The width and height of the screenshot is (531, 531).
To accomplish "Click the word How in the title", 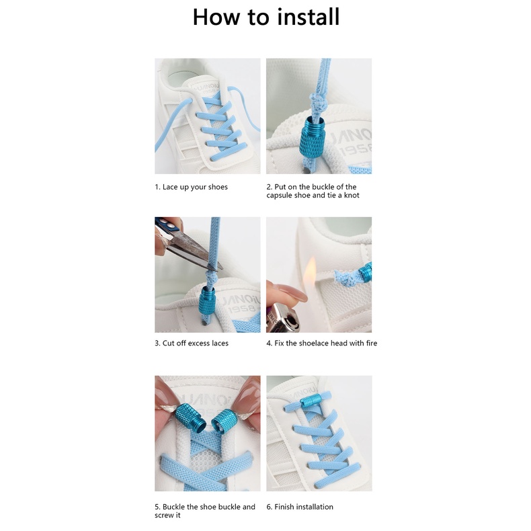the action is click(x=216, y=17).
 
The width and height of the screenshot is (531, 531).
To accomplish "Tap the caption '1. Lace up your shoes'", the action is click(x=192, y=187).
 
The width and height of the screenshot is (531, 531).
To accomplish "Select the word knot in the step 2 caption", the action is click(x=352, y=196).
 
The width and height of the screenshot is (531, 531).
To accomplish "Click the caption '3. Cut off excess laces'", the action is click(x=192, y=343).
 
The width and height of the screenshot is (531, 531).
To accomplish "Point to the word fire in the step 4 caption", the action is click(x=372, y=343).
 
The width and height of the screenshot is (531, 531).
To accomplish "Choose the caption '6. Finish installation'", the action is click(x=300, y=507).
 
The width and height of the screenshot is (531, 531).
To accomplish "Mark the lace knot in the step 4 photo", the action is click(x=347, y=277).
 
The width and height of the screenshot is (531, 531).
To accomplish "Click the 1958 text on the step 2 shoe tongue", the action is click(x=356, y=149).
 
